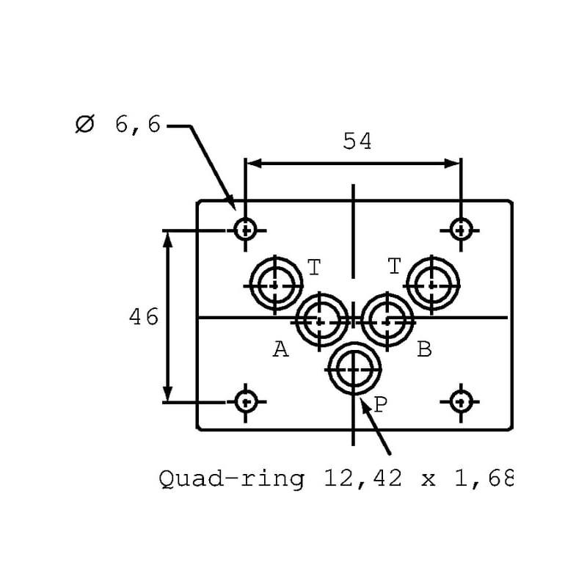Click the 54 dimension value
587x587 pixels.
click(x=357, y=141)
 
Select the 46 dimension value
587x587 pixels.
click(x=144, y=317)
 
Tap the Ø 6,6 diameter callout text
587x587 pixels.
click(x=117, y=125)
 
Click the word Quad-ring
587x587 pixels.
click(x=232, y=479)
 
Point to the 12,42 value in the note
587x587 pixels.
click(x=362, y=479)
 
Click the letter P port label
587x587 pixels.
click(x=380, y=403)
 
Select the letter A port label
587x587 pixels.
click(x=280, y=350)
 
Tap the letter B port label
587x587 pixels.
click(x=424, y=350)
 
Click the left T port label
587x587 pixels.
click(x=314, y=267)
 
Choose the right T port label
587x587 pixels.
click(x=394, y=266)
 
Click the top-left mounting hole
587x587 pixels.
click(x=245, y=230)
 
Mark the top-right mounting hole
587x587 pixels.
click(x=461, y=230)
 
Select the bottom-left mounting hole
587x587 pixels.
click(x=245, y=401)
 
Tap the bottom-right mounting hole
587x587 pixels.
click(x=461, y=401)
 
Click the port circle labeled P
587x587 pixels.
click(x=355, y=369)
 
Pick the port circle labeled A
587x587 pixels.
click(x=321, y=320)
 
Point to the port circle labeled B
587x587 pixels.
click(x=388, y=320)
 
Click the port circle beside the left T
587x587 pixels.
click(x=275, y=283)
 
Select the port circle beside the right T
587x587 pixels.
click(x=433, y=283)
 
